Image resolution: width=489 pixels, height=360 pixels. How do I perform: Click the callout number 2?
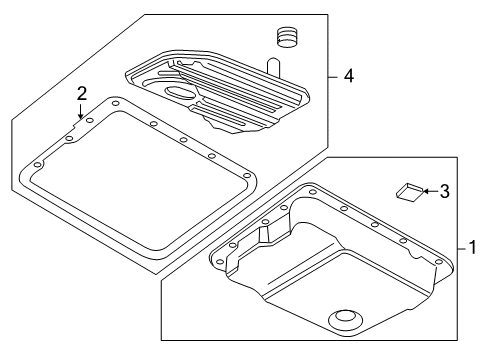point(82,93)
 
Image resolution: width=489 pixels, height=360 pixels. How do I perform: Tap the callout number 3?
point(444,190)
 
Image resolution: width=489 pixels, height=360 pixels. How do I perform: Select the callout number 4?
point(347,74)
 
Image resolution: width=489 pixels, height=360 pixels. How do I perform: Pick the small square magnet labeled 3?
point(407,191)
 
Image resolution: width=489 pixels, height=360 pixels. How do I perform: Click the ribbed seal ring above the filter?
point(288,38)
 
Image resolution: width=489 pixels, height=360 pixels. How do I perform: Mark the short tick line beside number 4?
point(334,74)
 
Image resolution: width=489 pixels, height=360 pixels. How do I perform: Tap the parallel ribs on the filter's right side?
point(265,100)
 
